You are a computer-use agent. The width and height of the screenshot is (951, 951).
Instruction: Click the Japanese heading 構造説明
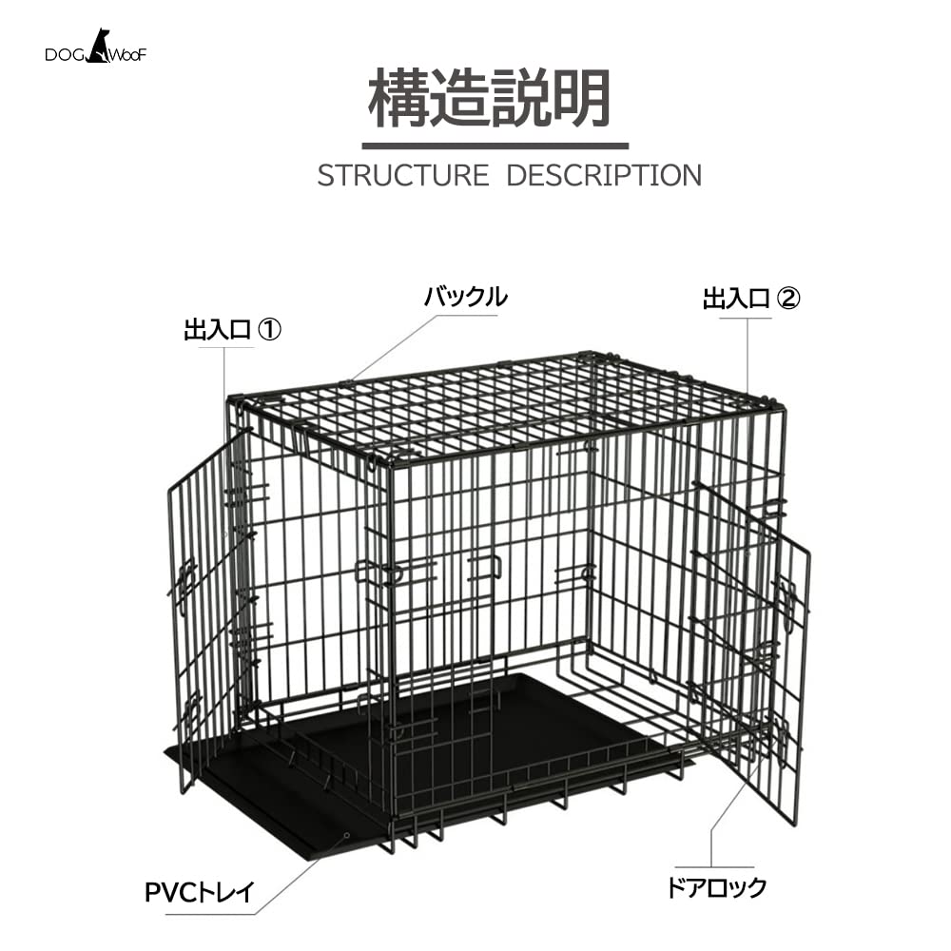pos(489,99)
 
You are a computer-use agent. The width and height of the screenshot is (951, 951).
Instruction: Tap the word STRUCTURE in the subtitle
pos(402,176)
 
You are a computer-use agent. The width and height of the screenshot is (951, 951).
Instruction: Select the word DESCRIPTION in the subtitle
pos(604,176)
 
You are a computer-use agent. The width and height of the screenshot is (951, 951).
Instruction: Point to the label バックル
pos(465,297)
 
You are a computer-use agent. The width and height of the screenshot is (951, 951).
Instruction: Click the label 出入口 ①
pos(233,330)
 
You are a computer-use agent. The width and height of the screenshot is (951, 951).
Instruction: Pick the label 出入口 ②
pos(751,300)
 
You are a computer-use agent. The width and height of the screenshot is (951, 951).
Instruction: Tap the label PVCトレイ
pos(200,893)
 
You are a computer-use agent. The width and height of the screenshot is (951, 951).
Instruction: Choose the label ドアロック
pos(716,888)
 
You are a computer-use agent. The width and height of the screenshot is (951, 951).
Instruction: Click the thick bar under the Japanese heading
pos(495,146)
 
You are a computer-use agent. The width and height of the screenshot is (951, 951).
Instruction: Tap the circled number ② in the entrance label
pos(789,300)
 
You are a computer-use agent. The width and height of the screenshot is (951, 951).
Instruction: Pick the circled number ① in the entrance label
pos(270,330)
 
